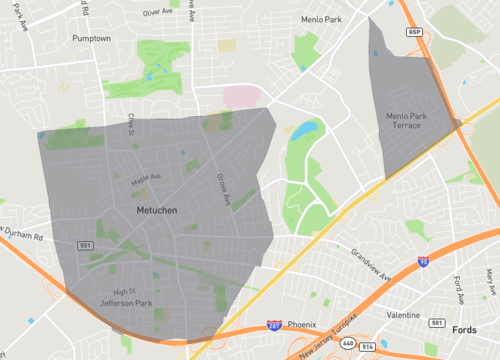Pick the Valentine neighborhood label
pyautogui.click(x=403, y=314)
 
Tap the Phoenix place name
pyautogui.click(x=301, y=324)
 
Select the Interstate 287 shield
pyautogui.click(x=273, y=325)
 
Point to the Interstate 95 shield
pyautogui.click(x=423, y=261)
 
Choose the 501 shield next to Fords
pyautogui.click(x=436, y=322)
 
